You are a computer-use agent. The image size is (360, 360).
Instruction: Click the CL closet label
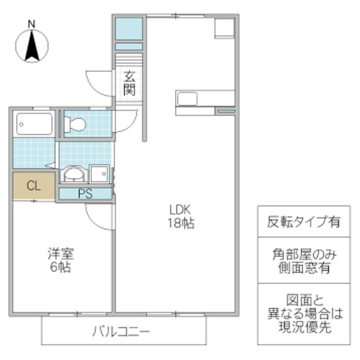tap(33, 186)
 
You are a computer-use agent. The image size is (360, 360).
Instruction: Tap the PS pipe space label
tap(85, 193)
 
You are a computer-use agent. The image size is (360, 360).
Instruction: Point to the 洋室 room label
tap(60, 253)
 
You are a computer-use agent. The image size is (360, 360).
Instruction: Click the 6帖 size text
tap(60, 267)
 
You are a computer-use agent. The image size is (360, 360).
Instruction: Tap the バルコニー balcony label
tap(121, 331)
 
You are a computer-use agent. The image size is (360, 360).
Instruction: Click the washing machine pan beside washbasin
tap(99, 174)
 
